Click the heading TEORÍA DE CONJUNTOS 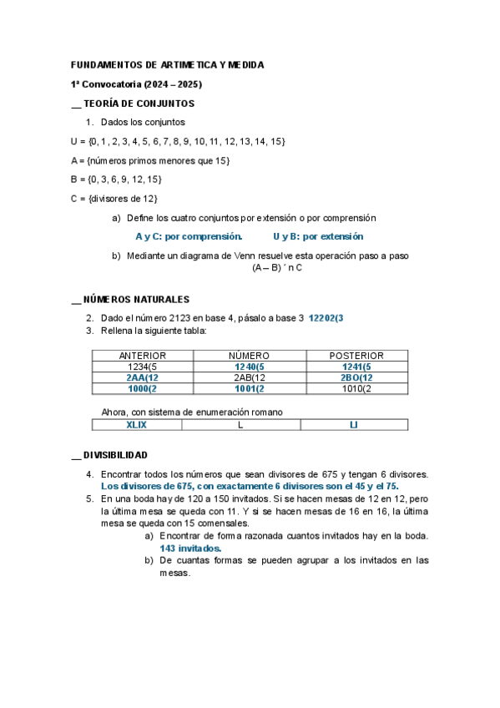[x=139, y=104]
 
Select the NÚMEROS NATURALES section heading [x=136, y=299]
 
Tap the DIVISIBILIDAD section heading [x=115, y=455]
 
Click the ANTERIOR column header [x=142, y=356]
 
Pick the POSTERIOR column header [x=356, y=356]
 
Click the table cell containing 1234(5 [x=142, y=367]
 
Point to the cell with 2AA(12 [x=142, y=377]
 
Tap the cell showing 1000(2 [x=142, y=388]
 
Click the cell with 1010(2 [x=356, y=388]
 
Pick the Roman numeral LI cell [x=354, y=425]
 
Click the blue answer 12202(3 [x=326, y=318]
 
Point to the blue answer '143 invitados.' [x=190, y=549]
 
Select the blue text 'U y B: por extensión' [x=318, y=236]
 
